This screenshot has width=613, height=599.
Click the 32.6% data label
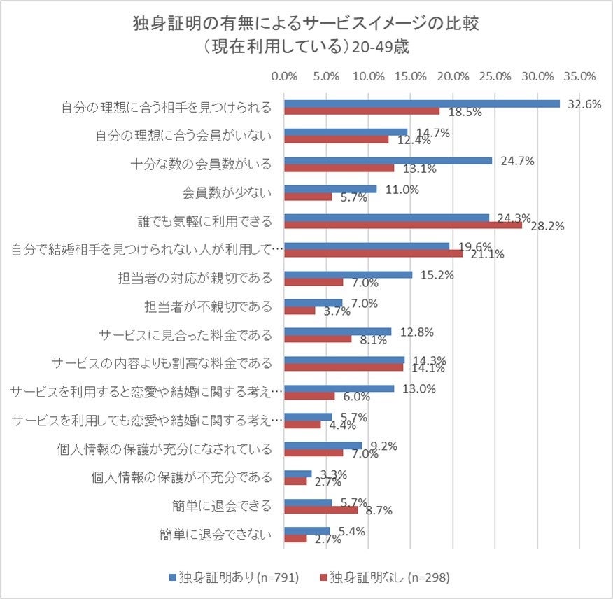(x=586, y=104)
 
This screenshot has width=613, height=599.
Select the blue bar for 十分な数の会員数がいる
(x=388, y=160)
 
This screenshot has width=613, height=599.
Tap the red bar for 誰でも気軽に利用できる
(x=403, y=225)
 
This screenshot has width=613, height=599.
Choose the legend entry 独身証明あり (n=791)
(x=234, y=577)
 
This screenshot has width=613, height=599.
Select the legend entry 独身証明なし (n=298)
(x=384, y=577)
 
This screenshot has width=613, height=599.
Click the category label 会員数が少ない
(x=227, y=192)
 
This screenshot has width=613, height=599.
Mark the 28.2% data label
(x=547, y=226)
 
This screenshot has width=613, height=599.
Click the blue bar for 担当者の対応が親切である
(x=348, y=274)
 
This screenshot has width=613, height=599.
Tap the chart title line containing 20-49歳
(x=306, y=48)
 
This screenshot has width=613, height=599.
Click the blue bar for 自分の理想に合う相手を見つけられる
(x=421, y=104)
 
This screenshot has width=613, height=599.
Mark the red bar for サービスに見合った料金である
(x=318, y=339)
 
